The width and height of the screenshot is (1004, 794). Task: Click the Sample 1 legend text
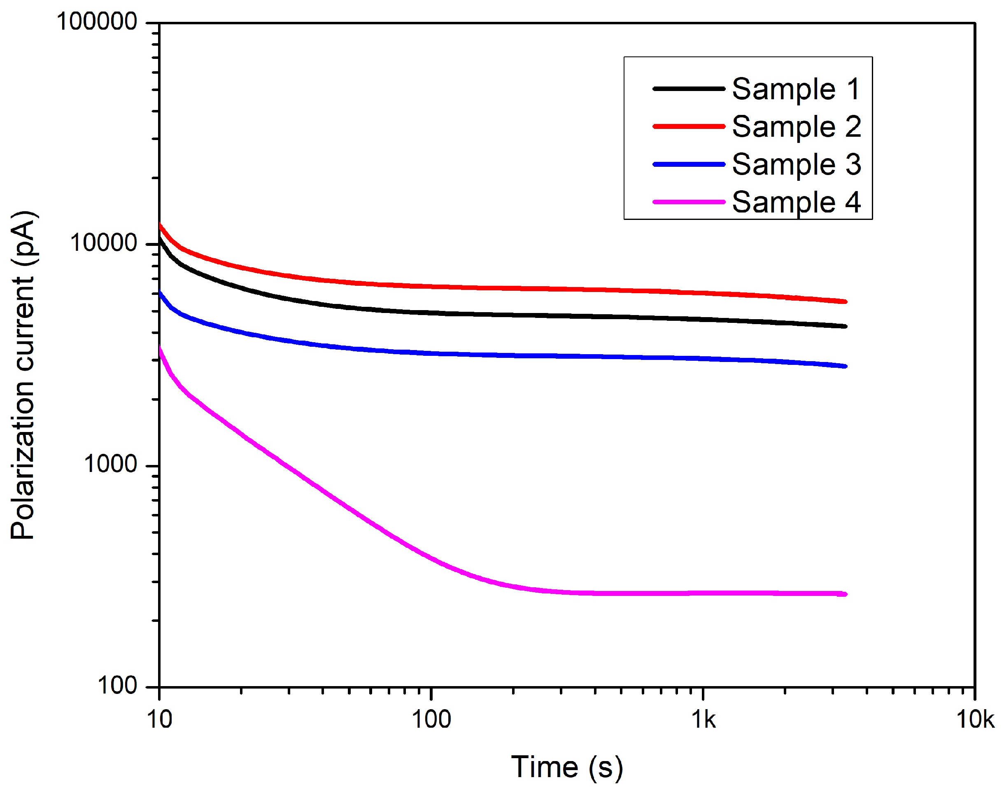tap(796, 89)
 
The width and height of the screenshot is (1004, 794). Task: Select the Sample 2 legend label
tap(796, 126)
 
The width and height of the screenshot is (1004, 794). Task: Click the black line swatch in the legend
tap(689, 88)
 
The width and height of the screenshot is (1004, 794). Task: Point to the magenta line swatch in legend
tap(689, 202)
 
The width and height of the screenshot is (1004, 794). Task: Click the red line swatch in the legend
tap(689, 126)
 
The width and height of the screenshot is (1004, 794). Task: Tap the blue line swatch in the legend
tap(689, 164)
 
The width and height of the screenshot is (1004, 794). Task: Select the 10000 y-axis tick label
tap(104, 243)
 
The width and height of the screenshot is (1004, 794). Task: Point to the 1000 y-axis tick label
tap(111, 465)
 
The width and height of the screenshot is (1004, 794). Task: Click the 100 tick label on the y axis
tap(117, 686)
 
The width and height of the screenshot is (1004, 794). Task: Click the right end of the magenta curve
tap(845, 594)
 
